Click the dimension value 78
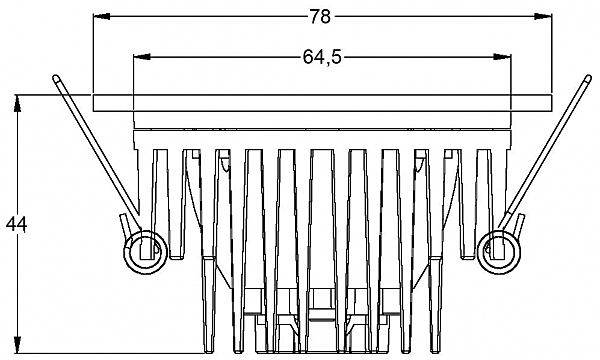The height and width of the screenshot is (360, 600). (x=320, y=17)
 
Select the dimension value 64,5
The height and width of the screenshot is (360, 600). (x=322, y=57)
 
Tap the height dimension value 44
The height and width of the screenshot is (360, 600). (x=16, y=225)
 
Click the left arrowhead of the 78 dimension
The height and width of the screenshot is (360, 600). (x=102, y=16)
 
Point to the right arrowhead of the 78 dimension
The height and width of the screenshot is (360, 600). (x=543, y=16)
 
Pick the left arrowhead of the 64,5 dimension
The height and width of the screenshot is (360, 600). (x=142, y=57)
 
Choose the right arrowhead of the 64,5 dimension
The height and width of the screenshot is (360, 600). (x=502, y=57)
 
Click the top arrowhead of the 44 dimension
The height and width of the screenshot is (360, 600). (x=17, y=103)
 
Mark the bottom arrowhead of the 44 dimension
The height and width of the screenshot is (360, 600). (x=17, y=344)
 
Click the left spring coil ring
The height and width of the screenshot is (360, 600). (x=145, y=252)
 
